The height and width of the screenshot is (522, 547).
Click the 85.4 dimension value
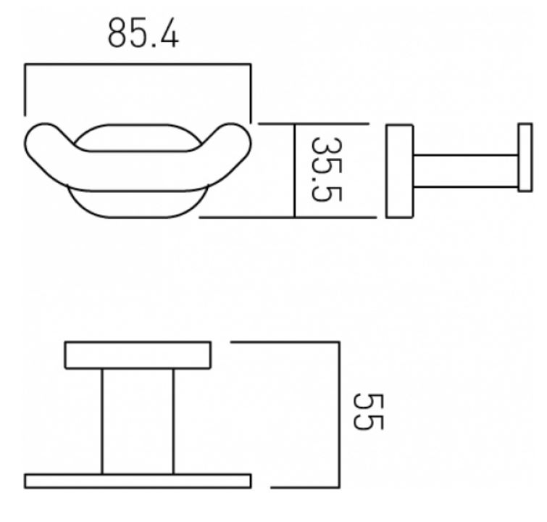[x=143, y=33]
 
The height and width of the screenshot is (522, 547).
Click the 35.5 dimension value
[x=326, y=170]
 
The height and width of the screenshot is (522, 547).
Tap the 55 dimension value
[x=368, y=412]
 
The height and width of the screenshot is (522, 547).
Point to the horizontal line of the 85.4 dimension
[x=138, y=65]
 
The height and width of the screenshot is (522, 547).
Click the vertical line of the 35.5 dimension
[x=295, y=170]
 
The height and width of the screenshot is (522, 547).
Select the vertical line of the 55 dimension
[x=339, y=415]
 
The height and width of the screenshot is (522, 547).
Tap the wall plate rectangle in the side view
[x=399, y=171]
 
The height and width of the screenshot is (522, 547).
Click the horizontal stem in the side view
[x=466, y=171]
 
